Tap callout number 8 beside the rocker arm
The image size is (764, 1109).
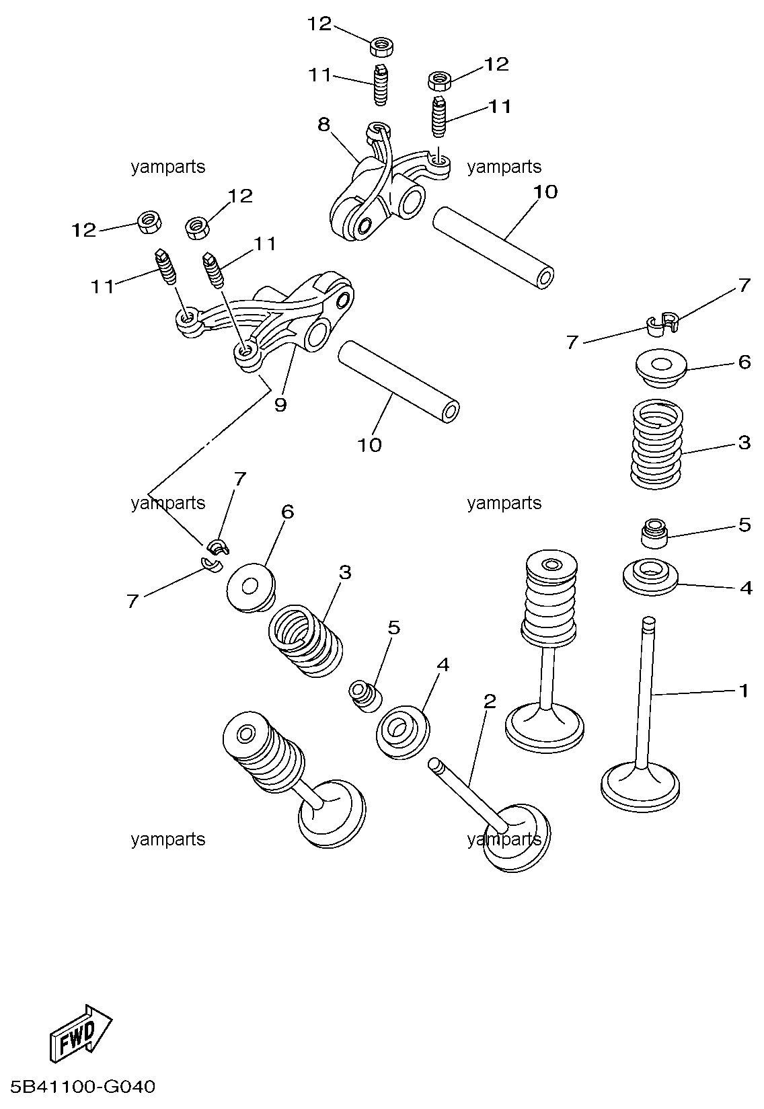tap(323, 124)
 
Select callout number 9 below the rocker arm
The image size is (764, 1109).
tap(280, 404)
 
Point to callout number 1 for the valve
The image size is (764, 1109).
tap(744, 690)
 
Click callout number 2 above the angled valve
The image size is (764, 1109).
tap(489, 701)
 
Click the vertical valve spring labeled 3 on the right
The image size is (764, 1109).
tap(656, 444)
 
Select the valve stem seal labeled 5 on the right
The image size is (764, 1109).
tap(654, 533)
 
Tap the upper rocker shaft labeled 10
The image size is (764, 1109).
tap(494, 247)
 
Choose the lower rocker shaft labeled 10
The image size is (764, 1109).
tap(399, 382)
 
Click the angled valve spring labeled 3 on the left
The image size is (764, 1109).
tap(305, 641)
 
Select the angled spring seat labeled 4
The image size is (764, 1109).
tap(403, 732)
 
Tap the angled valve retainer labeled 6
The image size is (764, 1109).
tap(251, 588)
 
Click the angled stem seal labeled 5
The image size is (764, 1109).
tap(366, 695)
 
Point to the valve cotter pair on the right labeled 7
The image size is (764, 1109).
tap(662, 324)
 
